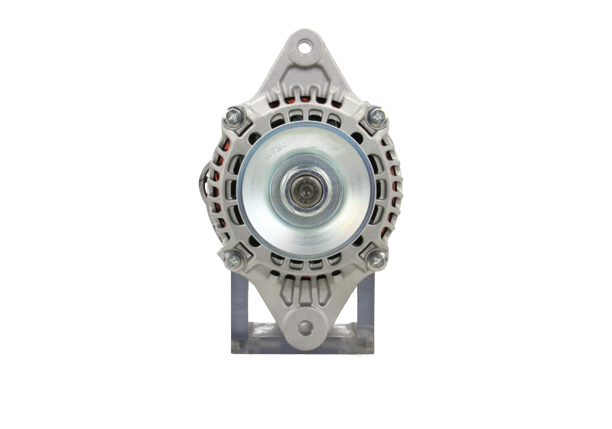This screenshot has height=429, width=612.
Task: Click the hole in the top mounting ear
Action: (306, 47)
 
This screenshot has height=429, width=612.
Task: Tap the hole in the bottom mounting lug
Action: (306, 329)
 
